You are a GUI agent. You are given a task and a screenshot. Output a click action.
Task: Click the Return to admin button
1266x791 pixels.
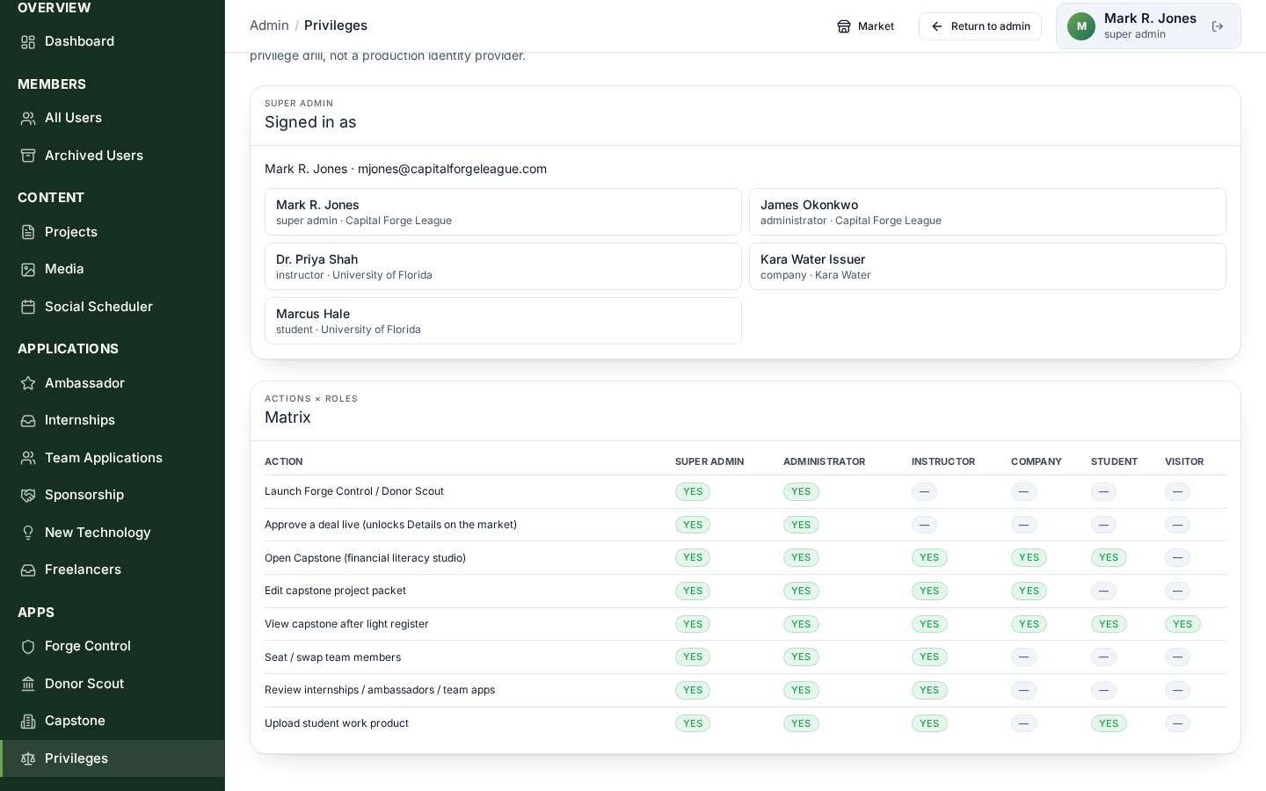980,26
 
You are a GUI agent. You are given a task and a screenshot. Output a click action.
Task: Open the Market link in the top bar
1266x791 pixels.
865,26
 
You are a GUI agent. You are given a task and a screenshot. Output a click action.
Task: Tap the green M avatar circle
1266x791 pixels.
1081,26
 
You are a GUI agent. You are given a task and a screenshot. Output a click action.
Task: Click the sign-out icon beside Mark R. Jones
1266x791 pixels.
1218,26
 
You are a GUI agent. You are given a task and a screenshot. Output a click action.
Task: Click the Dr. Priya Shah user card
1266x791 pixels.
503,266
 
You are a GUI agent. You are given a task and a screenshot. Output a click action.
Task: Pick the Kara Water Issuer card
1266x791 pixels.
987,266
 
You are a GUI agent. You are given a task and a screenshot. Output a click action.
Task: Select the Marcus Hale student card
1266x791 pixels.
503,321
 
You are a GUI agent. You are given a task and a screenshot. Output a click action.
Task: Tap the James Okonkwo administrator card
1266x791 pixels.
987,212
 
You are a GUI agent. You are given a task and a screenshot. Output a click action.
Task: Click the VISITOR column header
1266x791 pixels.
1184,461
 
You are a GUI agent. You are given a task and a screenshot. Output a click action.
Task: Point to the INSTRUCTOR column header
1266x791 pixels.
943,461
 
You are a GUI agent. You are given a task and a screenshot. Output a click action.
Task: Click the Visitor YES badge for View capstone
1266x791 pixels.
1182,624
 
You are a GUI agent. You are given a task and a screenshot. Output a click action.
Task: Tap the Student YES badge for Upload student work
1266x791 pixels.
1109,723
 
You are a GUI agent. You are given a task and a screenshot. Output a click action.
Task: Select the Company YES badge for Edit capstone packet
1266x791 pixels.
1029,591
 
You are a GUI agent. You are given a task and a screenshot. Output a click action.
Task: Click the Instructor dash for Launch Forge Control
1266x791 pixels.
924,491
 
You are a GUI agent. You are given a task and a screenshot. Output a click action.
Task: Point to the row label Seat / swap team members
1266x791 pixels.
333,657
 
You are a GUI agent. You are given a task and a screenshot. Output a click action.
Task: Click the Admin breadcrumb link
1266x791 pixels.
269,25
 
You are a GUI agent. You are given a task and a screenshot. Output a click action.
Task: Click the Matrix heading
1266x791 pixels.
287,417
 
